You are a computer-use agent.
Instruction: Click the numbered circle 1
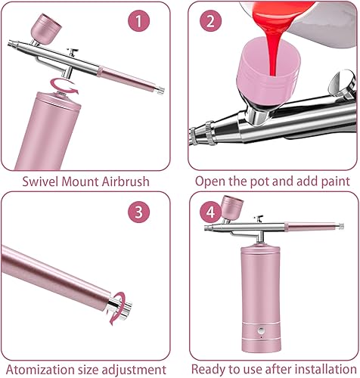[x=139, y=21]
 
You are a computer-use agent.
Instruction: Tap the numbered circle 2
[x=210, y=21]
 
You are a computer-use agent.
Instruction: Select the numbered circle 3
[x=139, y=212]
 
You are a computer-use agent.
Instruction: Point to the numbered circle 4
[x=210, y=212]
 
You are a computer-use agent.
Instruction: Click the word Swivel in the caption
[x=41, y=181]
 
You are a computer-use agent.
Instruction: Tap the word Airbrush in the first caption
[x=126, y=181]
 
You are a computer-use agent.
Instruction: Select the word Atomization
[x=39, y=370]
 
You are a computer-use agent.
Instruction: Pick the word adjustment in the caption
[x=134, y=370]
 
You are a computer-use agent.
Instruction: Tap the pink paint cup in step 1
[x=46, y=29]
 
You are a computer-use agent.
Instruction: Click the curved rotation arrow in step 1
[x=64, y=86]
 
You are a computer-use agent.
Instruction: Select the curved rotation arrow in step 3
[x=117, y=308]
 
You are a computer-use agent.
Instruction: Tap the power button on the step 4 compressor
[x=261, y=330]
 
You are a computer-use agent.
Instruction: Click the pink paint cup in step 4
[x=232, y=206]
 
